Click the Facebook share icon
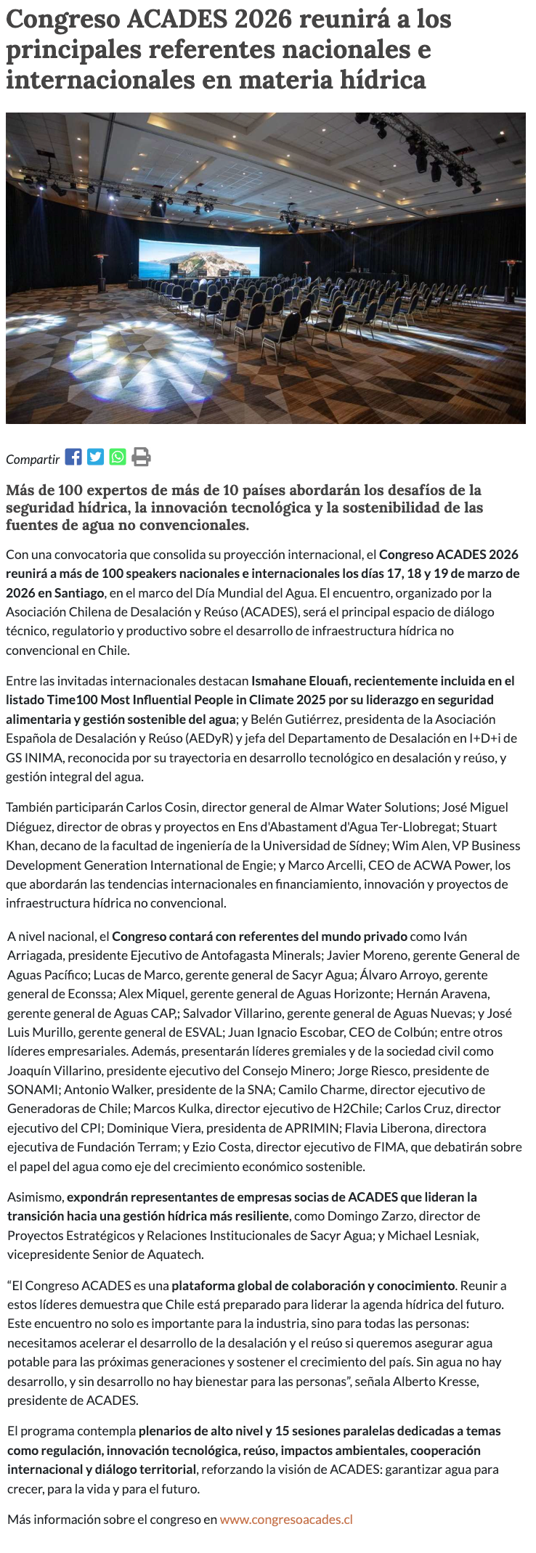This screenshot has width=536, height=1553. coord(73,457)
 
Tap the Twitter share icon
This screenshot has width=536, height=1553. coord(95,457)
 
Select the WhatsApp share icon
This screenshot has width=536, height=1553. coord(118,457)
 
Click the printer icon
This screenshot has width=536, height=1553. coord(141,457)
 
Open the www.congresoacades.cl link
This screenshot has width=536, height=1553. coord(286,1519)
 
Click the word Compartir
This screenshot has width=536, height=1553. coord(33,459)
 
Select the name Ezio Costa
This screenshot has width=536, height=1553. coord(219,1147)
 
